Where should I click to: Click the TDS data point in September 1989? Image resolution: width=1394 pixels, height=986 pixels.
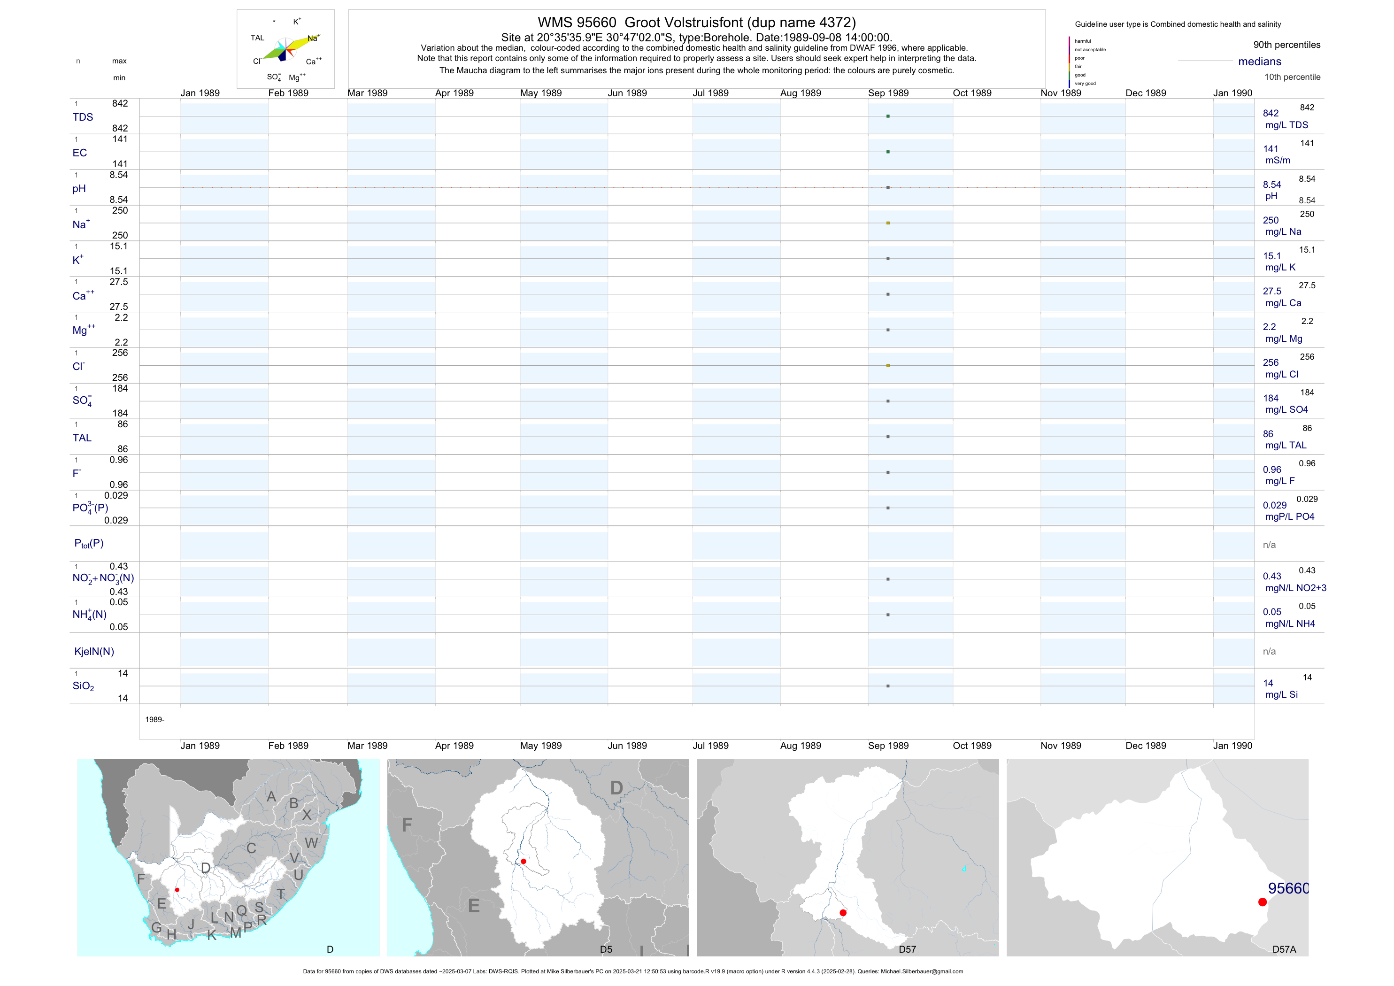(x=888, y=116)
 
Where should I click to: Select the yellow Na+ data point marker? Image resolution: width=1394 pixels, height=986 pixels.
(x=888, y=223)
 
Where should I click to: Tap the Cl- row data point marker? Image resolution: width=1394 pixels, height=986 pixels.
(x=888, y=365)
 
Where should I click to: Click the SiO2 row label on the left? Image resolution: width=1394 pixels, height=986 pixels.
(x=83, y=686)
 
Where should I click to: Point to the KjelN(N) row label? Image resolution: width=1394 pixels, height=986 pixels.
(x=94, y=652)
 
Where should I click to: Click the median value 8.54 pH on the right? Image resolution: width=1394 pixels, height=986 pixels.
(x=1271, y=185)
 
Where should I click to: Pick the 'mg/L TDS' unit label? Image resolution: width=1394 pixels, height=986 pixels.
(x=1286, y=125)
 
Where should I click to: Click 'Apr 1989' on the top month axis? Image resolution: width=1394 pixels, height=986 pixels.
(x=454, y=93)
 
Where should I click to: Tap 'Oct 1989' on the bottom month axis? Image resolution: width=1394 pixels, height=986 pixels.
(x=972, y=746)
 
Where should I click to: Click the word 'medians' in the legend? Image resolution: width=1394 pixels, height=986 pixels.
(x=1260, y=62)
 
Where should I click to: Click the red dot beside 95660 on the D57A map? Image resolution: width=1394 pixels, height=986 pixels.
(x=1262, y=902)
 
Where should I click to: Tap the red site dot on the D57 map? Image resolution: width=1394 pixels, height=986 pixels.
(x=843, y=913)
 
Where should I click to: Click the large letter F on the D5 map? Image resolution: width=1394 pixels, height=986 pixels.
(x=407, y=825)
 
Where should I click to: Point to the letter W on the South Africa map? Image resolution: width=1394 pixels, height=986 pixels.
(x=311, y=843)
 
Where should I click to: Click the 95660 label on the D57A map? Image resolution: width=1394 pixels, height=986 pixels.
(x=1288, y=888)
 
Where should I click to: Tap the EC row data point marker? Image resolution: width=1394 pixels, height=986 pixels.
(x=888, y=152)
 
